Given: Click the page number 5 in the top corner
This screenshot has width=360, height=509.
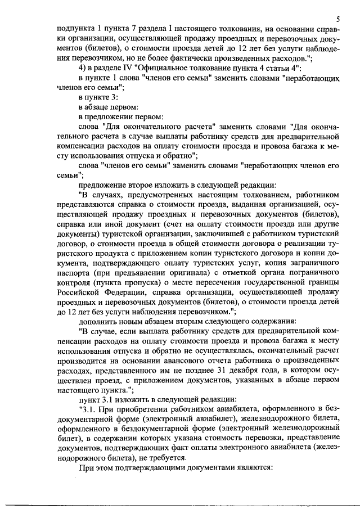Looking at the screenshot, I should tap(335, 19).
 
